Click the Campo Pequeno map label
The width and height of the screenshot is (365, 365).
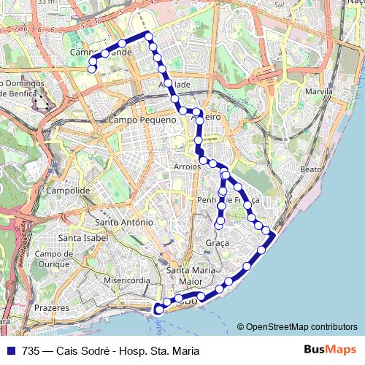[142, 119]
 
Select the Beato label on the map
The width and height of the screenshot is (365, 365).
[311, 169]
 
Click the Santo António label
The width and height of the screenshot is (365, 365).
[123, 222]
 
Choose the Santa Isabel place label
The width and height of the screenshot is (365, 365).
[85, 238]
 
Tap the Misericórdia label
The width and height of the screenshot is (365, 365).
[127, 280]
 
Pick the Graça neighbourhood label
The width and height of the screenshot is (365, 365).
[218, 242]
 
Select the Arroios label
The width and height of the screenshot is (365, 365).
[188, 166]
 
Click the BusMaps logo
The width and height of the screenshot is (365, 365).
[330, 350]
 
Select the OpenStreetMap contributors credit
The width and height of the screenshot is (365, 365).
[301, 327]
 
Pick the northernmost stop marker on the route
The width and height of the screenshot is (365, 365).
[149, 36]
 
